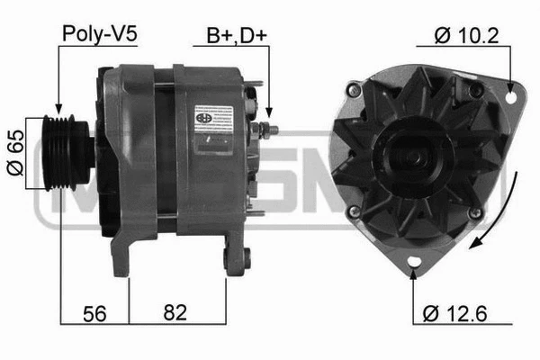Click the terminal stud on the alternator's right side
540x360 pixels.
[267, 130]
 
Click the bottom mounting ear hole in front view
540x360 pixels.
[413, 262]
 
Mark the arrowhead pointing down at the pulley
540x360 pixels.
[59, 109]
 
